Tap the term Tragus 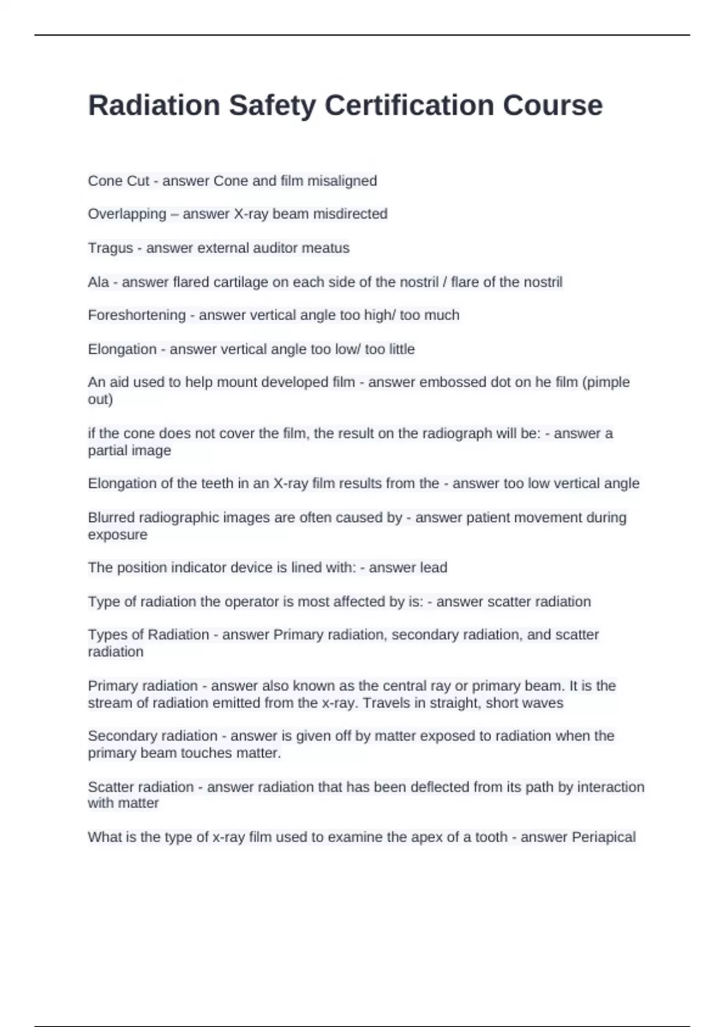[110, 248]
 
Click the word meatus [329, 248]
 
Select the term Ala [98, 282]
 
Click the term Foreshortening [137, 315]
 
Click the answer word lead [434, 568]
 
